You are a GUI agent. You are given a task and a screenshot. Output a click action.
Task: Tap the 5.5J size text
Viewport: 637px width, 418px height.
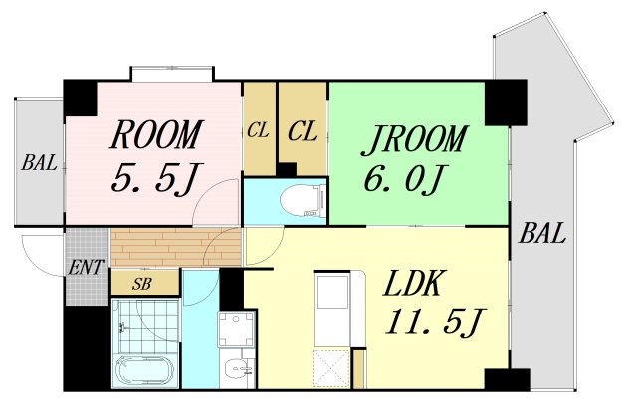click(x=154, y=179)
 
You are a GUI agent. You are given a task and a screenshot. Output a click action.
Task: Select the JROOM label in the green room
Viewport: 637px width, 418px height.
click(x=415, y=140)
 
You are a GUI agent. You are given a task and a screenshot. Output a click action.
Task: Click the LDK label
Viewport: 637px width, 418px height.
click(x=411, y=283)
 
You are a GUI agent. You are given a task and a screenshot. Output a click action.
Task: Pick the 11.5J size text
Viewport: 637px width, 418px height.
click(x=435, y=321)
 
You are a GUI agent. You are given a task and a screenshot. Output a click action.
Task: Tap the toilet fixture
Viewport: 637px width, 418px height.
click(x=304, y=200)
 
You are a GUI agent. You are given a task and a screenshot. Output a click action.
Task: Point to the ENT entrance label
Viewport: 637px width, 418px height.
click(x=86, y=268)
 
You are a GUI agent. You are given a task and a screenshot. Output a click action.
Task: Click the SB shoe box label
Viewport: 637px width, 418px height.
click(x=141, y=283)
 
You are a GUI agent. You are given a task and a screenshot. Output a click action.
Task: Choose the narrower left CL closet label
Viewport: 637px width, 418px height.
click(x=258, y=130)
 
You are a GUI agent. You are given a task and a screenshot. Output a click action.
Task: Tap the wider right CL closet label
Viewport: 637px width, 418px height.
click(x=302, y=132)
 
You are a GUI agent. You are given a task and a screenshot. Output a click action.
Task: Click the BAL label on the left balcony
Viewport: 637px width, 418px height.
click(x=39, y=163)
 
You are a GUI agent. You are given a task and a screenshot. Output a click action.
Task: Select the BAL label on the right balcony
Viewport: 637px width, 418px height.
click(x=541, y=233)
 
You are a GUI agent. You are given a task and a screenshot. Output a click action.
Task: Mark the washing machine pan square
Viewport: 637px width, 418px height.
click(x=237, y=329)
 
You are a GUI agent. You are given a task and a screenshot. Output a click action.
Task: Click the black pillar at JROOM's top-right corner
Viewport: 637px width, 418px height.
click(x=506, y=103)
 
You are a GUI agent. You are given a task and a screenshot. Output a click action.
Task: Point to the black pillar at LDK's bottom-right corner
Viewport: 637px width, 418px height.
click(x=507, y=380)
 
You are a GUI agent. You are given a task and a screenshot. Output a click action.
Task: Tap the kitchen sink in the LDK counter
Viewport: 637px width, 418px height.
click(x=332, y=291)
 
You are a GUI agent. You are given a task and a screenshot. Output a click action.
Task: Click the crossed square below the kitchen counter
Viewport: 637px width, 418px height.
click(x=331, y=369)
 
